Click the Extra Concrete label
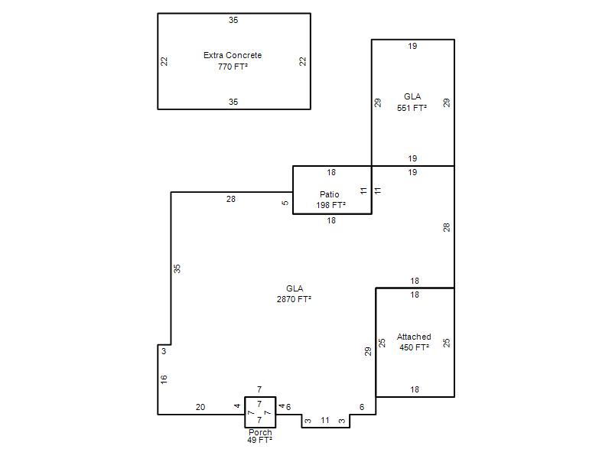tap(233, 55)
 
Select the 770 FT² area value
tap(233, 67)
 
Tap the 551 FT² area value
tap(412, 108)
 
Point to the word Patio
tap(330, 194)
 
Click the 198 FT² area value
tap(331, 205)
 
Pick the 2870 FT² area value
tap(294, 299)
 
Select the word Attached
tap(414, 337)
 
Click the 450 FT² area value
tap(414, 347)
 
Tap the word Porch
tap(260, 432)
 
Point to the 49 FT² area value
tap(259, 440)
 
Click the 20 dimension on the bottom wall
tap(200, 407)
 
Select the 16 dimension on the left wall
tap(164, 379)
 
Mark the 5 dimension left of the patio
tap(285, 203)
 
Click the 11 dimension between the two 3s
tap(325, 420)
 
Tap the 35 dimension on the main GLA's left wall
tap(177, 269)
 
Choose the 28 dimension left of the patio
tap(231, 199)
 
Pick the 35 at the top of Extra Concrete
tap(233, 20)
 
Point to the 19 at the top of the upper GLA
tap(412, 46)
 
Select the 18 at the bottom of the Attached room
tap(415, 389)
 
